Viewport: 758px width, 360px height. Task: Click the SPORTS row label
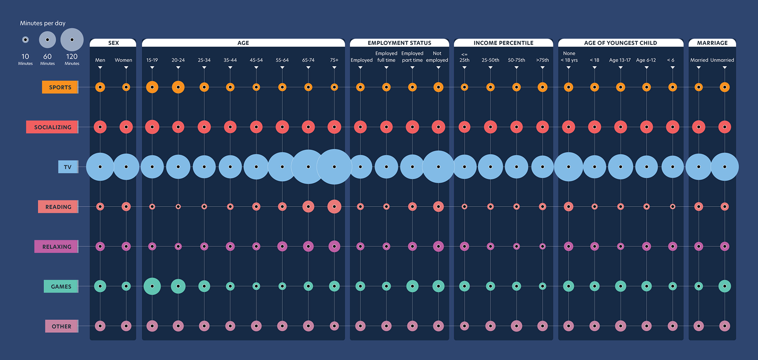60,87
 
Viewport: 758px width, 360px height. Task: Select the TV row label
68,167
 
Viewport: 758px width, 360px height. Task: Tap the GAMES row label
61,286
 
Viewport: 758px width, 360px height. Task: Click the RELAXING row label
56,247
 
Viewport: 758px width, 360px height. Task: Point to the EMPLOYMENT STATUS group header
399,43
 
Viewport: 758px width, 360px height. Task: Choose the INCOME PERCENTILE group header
503,43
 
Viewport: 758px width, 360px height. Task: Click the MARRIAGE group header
712,43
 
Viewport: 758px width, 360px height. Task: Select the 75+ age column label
334,60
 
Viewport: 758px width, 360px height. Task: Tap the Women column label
124,60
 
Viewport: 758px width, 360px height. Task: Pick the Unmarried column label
722,60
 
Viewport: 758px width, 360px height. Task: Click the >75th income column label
542,60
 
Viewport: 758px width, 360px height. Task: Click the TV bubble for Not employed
438,167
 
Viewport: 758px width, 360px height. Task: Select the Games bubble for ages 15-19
152,286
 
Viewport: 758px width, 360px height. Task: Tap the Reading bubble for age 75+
334,207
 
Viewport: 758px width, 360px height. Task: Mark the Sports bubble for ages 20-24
178,87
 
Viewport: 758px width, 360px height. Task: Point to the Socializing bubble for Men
100,127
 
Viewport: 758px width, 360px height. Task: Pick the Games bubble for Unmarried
724,286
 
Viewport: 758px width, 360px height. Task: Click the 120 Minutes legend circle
72,40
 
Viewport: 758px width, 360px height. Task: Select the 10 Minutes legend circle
25,40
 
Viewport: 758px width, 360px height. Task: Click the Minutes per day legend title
43,23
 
